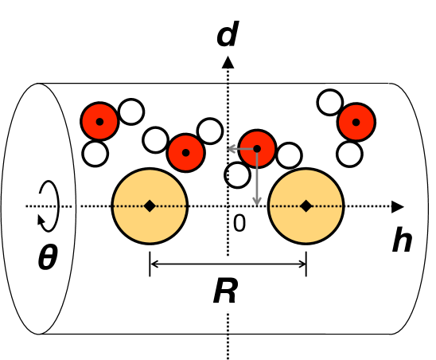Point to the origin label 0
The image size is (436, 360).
pos(239,225)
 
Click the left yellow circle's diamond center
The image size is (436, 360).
pos(150,206)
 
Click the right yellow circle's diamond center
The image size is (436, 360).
pos(306,206)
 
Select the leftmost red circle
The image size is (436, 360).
pos(100,122)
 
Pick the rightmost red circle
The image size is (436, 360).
pos(356,122)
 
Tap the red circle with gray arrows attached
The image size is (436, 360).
pos(257,148)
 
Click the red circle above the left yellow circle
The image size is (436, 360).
pos(186,151)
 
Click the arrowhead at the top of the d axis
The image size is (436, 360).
pos(228,61)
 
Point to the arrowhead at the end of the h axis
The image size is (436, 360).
pos(398,206)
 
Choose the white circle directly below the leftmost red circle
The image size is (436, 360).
pos(95,152)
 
